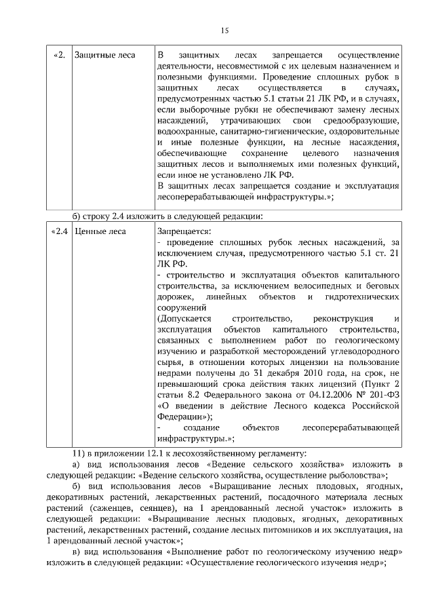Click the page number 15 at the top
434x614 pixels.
pos(225,30)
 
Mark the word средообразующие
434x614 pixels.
pos(363,120)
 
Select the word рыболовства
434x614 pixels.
pos(348,474)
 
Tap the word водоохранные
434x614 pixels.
pos(186,131)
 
